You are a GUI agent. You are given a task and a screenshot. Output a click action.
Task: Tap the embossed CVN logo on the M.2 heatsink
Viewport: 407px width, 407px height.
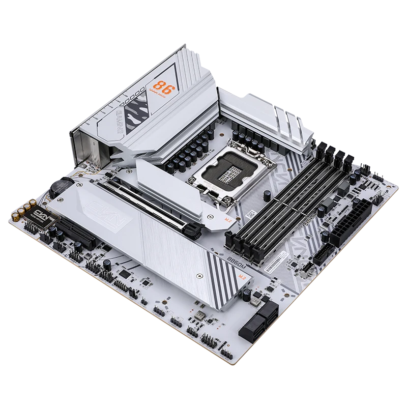(x=98, y=207)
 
